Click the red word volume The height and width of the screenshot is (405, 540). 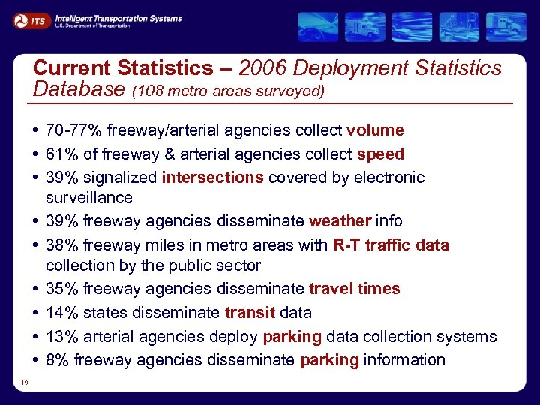[x=375, y=131]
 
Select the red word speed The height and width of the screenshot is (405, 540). [x=380, y=154]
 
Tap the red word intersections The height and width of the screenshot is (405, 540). [x=211, y=178]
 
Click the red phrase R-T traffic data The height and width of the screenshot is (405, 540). [x=391, y=244]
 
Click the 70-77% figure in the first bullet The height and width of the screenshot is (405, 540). [x=74, y=131]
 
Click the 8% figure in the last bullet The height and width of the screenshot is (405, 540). [x=55, y=360]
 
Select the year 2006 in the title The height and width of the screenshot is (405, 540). [x=262, y=68]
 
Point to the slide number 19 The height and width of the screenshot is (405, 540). [x=25, y=383]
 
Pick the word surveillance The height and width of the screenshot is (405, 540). [x=88, y=198]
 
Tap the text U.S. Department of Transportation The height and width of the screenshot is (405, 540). [x=92, y=25]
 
